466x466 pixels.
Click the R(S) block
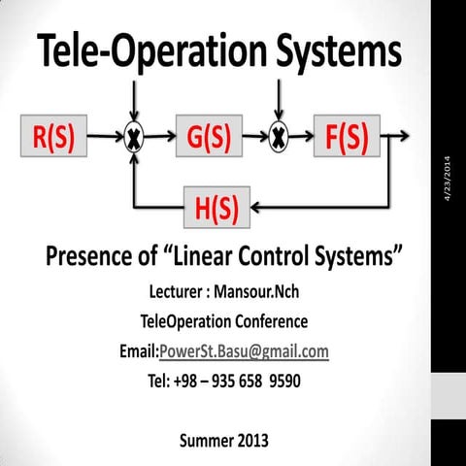click(x=50, y=139)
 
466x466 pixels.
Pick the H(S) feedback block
click(x=216, y=207)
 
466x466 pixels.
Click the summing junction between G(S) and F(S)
click(x=279, y=139)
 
